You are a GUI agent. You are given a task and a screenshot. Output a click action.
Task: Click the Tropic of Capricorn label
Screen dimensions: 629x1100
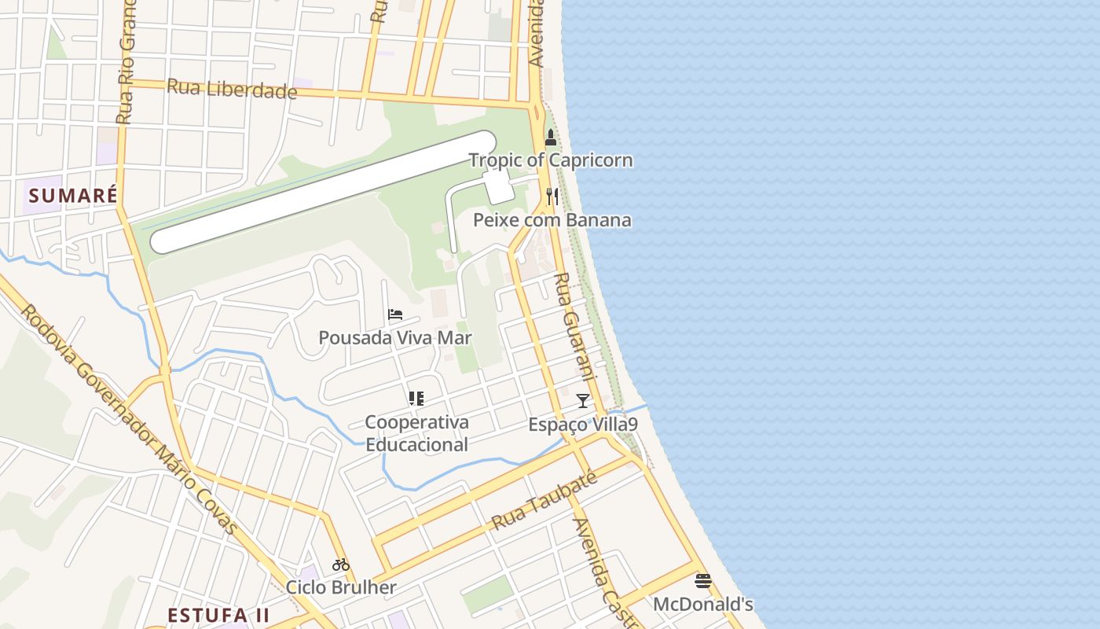pos(550,160)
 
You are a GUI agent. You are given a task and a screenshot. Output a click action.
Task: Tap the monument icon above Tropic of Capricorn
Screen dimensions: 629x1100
pos(551,138)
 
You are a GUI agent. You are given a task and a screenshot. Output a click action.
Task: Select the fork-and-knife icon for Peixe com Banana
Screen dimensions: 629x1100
pos(552,196)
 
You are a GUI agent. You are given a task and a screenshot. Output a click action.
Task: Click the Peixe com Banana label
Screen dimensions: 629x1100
pos(552,220)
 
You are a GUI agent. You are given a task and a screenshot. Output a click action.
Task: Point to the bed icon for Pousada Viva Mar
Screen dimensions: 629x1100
pos(395,315)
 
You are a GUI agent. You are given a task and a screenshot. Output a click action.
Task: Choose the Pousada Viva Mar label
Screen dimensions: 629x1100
pos(394,338)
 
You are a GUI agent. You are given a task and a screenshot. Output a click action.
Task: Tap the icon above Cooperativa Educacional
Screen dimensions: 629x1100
pos(416,399)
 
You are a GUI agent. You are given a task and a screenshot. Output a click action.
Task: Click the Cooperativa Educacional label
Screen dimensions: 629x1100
pos(416,433)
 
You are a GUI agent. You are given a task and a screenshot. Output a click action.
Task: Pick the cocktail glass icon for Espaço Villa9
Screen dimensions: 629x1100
pos(582,401)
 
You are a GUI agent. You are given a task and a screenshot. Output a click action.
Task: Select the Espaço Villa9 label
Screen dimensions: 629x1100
pos(582,425)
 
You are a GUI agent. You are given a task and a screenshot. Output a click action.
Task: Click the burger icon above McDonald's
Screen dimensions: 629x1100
pos(703,582)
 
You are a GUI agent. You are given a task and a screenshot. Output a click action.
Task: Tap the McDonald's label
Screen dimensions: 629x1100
pos(703,605)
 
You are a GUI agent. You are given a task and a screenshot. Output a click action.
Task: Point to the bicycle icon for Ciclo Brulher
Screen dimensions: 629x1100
pos(341,565)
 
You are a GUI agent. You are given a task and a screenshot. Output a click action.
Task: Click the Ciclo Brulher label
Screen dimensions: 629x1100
pos(341,587)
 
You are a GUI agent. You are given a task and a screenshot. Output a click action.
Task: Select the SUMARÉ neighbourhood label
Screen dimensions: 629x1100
pos(72,195)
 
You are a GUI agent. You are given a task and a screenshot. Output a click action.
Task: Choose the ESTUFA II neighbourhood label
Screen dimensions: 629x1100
pos(219,615)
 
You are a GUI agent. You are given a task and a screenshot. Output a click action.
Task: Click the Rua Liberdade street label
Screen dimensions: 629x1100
pos(233,89)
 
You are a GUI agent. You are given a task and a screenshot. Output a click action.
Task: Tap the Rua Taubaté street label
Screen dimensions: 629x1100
pos(544,501)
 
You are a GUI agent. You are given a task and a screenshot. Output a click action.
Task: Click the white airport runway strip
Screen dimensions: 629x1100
pos(323,193)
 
